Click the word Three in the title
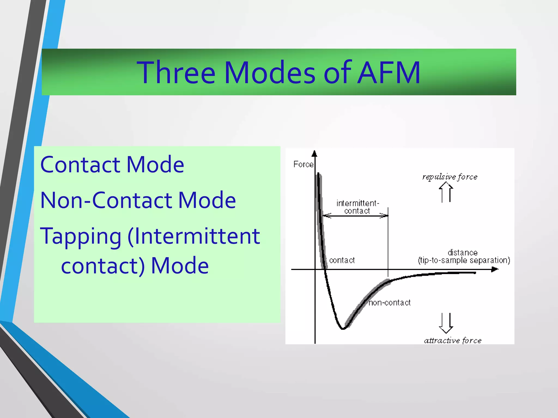[176, 73]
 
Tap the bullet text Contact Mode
[112, 165]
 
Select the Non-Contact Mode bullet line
[138, 200]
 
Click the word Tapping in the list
[81, 236]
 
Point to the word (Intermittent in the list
[194, 236]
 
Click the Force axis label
[303, 164]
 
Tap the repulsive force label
[450, 177]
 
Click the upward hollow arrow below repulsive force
[446, 192]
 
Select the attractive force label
[453, 340]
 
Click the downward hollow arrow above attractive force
[446, 323]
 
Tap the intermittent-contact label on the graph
[357, 207]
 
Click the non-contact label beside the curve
[390, 303]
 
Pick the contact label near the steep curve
[342, 260]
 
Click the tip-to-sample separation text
[464, 260]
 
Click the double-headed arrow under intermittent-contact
[355, 216]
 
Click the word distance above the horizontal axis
[462, 253]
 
